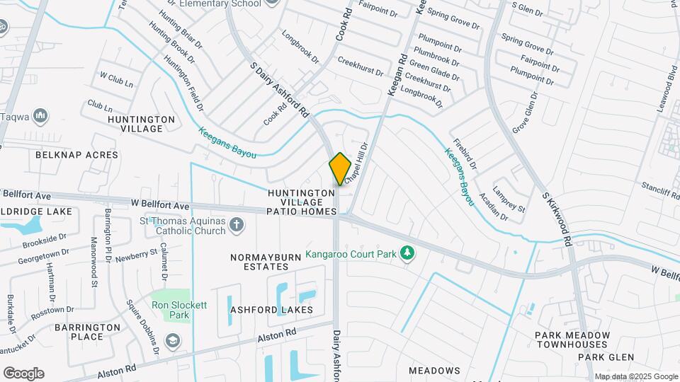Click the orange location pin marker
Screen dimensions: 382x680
tap(340, 169)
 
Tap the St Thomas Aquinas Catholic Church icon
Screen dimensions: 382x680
tap(237, 226)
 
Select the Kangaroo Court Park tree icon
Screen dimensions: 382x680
tap(407, 253)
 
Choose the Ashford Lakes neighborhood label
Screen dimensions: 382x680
tap(271, 310)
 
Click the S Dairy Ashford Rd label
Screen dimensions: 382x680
tap(280, 90)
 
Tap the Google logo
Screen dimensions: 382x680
tap(23, 374)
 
